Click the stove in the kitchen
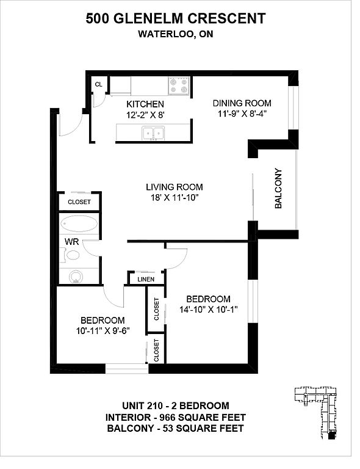tap(179, 86)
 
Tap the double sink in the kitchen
tap(154, 133)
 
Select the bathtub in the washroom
tap(79, 224)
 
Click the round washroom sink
tap(76, 277)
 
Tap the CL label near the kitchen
tap(99, 85)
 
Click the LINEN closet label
tap(146, 279)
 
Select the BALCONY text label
tap(278, 189)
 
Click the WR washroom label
tap(72, 242)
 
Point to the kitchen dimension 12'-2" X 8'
tap(145, 115)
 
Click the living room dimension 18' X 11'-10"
tap(175, 197)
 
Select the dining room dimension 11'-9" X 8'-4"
tap(242, 114)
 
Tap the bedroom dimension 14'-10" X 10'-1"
tap(209, 309)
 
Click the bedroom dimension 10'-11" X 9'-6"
tap(103, 331)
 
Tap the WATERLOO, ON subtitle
tap(176, 34)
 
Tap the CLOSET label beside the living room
tap(79, 202)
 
